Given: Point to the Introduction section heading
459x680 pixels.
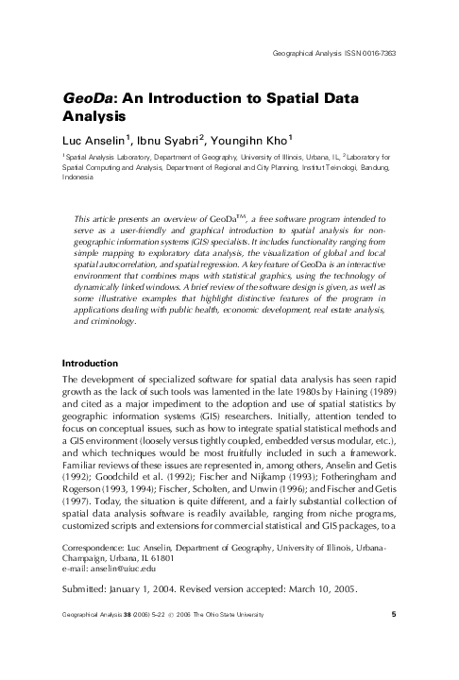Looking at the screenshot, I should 89,364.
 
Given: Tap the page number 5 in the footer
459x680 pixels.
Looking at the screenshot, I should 393,642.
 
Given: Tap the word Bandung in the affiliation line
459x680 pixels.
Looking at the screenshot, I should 374,166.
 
